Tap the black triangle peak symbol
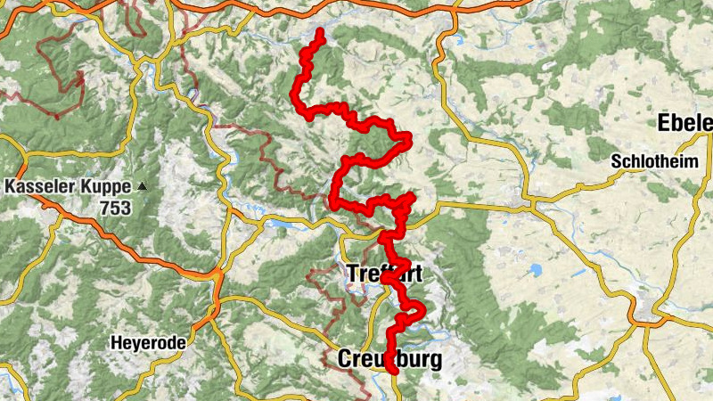pos(142,187)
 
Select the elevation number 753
pos(116,209)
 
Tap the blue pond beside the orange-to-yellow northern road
pos(458,40)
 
